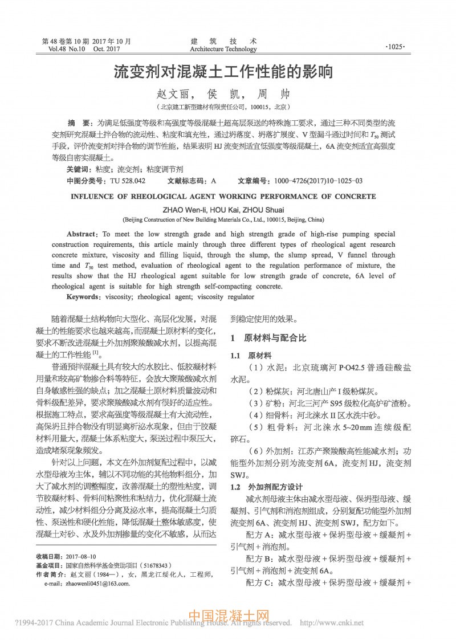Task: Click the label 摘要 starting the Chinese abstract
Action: click(x=78, y=123)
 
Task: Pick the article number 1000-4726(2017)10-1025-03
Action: click(x=318, y=181)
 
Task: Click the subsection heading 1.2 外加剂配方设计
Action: click(x=266, y=487)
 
